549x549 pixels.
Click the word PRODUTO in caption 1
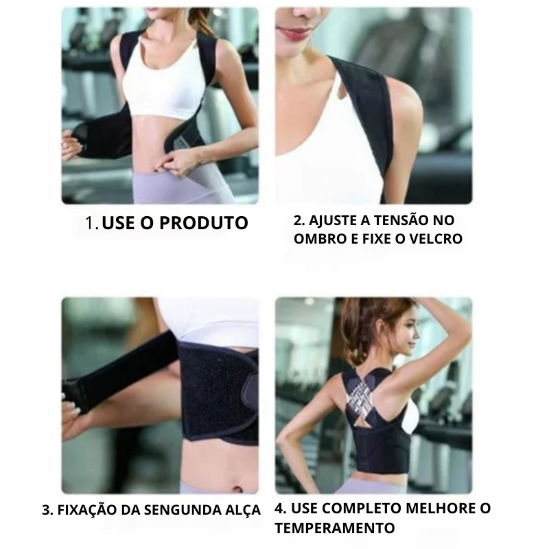click(x=204, y=222)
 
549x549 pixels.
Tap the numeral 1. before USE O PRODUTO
click(x=92, y=223)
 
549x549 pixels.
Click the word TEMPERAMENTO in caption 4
click(x=335, y=528)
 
